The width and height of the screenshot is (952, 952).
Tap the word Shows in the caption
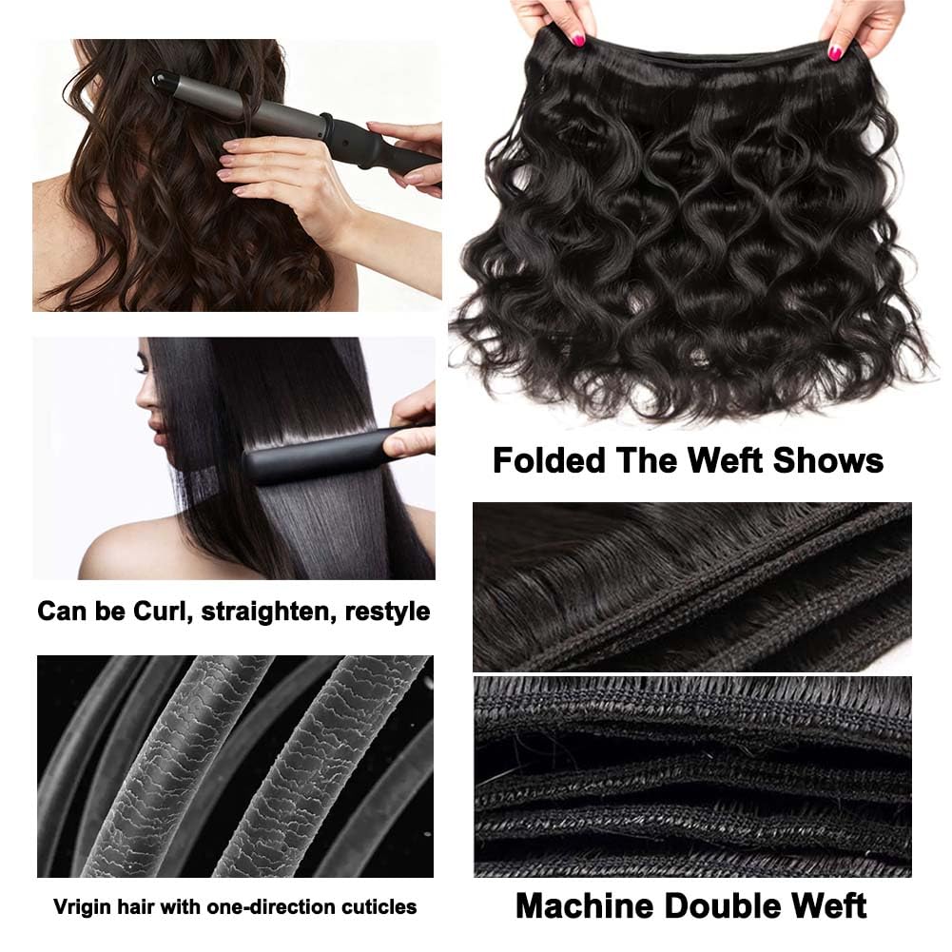pos(828,461)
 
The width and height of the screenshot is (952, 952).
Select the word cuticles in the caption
pos(379,906)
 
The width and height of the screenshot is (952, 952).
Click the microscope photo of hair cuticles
pos(234,766)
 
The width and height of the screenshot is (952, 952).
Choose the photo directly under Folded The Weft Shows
pos(691,586)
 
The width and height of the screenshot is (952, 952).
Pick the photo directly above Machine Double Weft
pos(691,776)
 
